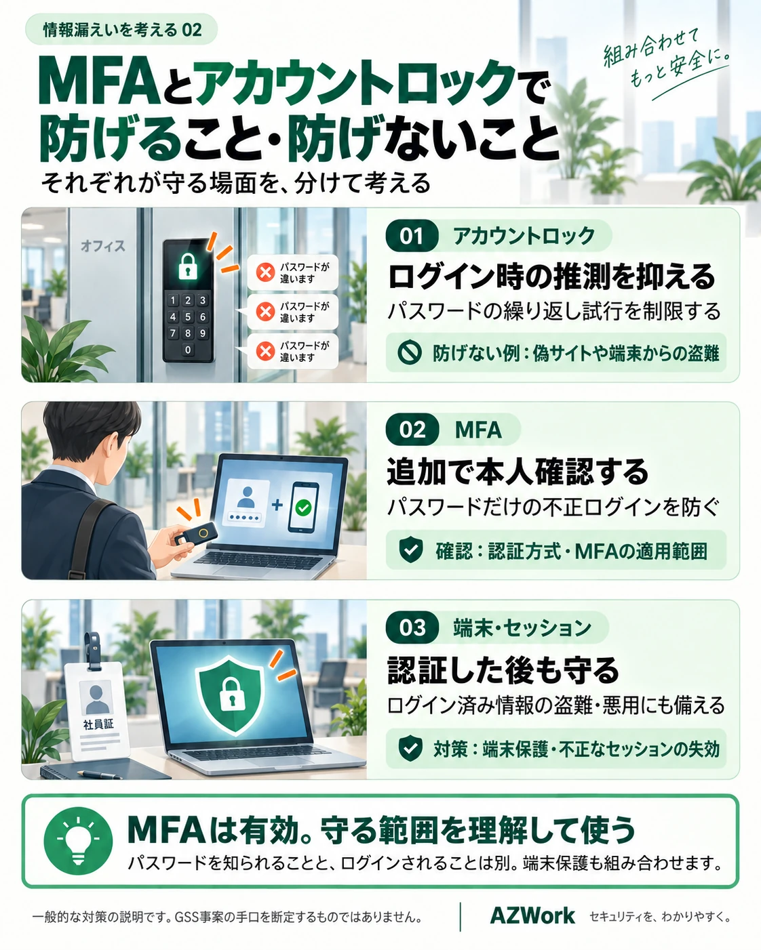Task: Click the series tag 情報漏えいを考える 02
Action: click(121, 30)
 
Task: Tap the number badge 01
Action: click(412, 236)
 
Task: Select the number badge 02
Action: click(412, 430)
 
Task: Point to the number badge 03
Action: click(412, 627)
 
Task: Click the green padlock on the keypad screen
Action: click(188, 266)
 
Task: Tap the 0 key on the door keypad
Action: click(188, 350)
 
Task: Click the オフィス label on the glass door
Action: click(103, 246)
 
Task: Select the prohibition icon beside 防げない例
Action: click(409, 353)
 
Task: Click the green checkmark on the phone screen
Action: click(303, 508)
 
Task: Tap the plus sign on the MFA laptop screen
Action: click(277, 505)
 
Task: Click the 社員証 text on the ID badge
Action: click(98, 724)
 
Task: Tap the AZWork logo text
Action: click(532, 915)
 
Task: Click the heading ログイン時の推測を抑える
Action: click(551, 276)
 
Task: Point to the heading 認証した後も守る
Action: click(503, 670)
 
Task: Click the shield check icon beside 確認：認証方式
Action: click(410, 550)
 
